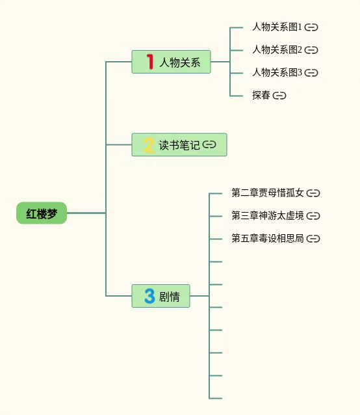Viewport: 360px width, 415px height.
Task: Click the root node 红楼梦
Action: pos(42,213)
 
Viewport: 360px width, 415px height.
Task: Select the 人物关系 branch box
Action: pos(172,62)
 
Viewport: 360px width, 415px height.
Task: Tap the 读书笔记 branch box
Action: pos(179,145)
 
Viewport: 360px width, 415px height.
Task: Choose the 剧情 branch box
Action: pos(161,296)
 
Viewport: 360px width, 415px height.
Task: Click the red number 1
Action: pos(150,62)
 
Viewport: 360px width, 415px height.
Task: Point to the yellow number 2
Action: pos(149,145)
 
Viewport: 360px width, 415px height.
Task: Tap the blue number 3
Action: pos(149,296)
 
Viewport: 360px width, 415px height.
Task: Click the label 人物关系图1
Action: pos(277,27)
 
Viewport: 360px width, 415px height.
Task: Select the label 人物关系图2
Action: pos(277,49)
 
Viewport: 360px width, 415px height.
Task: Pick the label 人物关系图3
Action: pos(277,72)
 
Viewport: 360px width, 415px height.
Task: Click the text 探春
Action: pos(261,95)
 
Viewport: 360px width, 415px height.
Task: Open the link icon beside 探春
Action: pos(279,95)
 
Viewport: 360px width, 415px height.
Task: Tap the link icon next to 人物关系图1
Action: pos(311,27)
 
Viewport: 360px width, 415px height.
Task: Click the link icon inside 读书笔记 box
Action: pos(209,144)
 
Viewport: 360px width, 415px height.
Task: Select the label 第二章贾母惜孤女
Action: pos(268,193)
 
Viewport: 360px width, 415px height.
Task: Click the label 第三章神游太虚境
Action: pos(268,215)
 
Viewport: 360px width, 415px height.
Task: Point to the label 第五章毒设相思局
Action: pos(268,238)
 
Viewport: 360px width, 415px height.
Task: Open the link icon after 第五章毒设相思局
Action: pos(313,239)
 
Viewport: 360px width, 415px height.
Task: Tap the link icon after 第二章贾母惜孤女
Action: pos(313,193)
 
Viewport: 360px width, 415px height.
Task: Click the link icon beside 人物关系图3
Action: pos(311,72)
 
